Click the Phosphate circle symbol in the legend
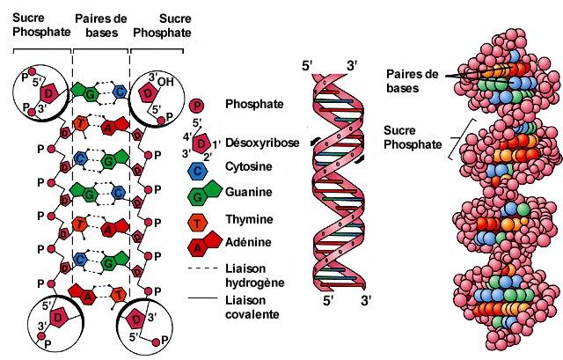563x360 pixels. (x=201, y=104)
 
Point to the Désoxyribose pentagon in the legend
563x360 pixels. (x=203, y=143)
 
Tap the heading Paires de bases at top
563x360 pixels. (x=100, y=24)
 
